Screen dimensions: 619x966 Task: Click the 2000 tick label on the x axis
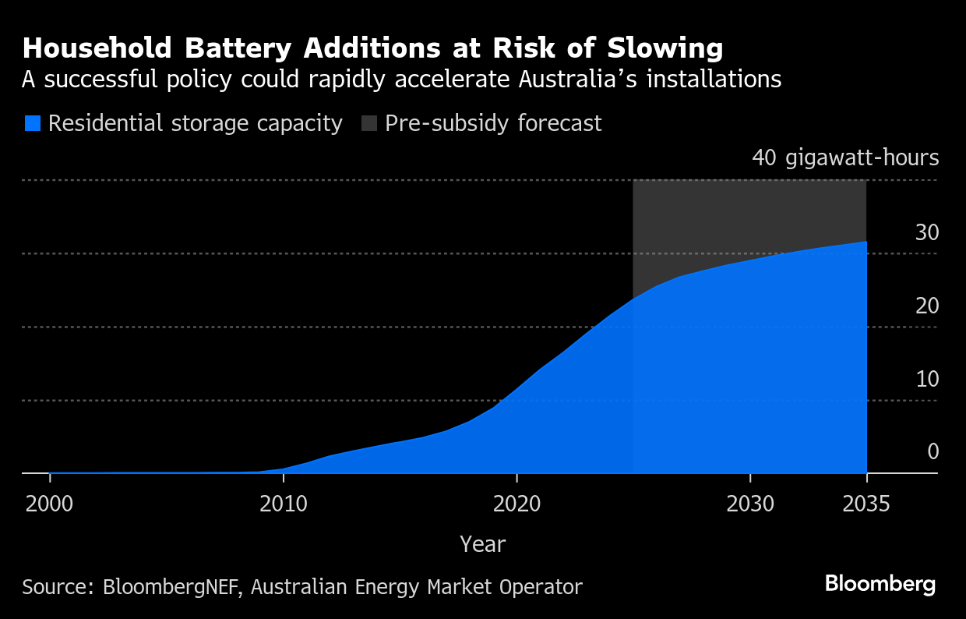tap(49, 504)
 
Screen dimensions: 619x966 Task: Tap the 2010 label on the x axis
tap(283, 504)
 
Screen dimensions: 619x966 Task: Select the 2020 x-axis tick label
tap(516, 504)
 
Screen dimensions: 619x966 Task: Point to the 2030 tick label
tap(750, 504)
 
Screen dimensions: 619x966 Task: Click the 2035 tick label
tap(866, 504)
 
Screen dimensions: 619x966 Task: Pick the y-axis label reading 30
tap(927, 232)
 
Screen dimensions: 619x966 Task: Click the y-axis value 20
tap(927, 306)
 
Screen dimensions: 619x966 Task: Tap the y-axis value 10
tap(927, 379)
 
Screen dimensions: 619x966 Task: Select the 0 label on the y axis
tap(933, 452)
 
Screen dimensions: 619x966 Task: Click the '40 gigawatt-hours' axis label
tap(845, 157)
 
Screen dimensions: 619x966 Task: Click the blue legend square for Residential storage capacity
tap(32, 123)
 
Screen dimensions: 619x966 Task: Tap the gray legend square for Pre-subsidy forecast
tap(369, 123)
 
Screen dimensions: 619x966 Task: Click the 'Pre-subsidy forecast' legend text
tap(493, 123)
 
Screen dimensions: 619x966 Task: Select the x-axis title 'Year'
tap(482, 544)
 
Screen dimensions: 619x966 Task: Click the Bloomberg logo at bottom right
tap(880, 584)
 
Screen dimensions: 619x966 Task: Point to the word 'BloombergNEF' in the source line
tap(171, 587)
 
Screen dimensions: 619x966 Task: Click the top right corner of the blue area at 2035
tap(866, 242)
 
